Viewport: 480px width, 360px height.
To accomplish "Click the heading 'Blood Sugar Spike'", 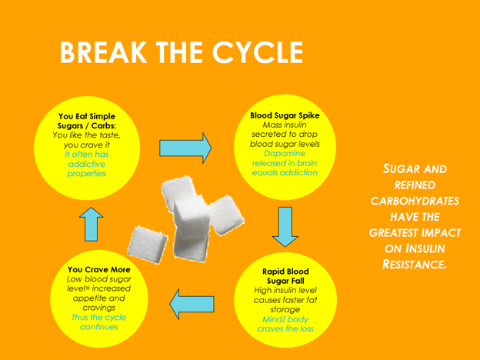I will click(285, 115).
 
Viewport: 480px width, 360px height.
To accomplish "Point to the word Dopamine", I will click(285, 153).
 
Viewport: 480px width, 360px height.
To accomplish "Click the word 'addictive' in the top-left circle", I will click(87, 163).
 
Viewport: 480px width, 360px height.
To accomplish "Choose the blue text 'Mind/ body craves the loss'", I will click(285, 323).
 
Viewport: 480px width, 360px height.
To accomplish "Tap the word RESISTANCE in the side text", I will click(415, 264).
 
